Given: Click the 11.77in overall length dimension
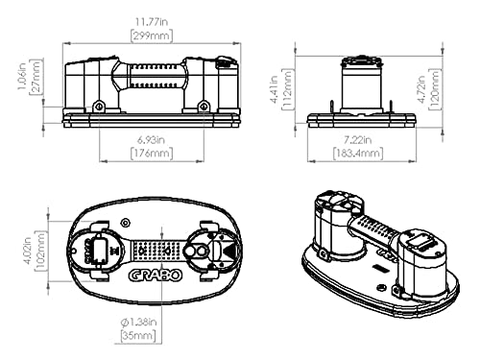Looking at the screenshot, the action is (152, 22).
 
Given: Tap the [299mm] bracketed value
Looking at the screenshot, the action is (152, 36).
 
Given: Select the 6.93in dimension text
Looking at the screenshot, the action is (152, 140).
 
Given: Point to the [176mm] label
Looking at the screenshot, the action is (152, 154).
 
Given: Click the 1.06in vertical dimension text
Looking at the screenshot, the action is (22, 77).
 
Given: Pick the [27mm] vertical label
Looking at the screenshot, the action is (36, 77).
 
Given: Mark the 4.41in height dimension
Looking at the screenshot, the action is (274, 89).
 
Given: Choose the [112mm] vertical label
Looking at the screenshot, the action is (287, 89).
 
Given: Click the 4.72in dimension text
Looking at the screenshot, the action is (421, 89).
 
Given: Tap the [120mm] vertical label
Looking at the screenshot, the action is (435, 89).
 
